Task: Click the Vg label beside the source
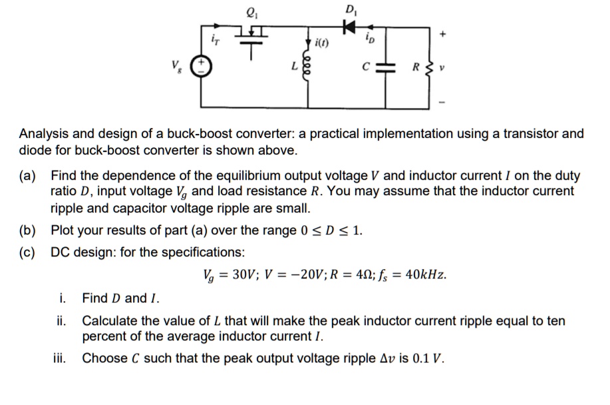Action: point(177,67)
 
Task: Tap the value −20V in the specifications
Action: point(291,274)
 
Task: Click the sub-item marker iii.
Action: point(61,358)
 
